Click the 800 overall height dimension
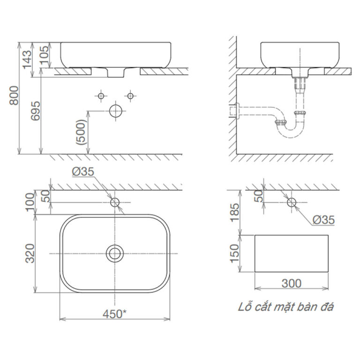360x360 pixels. [x=14, y=96]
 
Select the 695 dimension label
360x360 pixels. [x=36, y=111]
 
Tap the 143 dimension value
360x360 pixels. [x=27, y=60]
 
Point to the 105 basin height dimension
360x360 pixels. [x=44, y=55]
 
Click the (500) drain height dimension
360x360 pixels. [x=81, y=132]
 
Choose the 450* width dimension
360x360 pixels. [x=114, y=314]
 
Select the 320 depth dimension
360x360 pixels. [x=30, y=254]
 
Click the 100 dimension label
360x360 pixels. [x=30, y=202]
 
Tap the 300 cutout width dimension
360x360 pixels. [x=292, y=283]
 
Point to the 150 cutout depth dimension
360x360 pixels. [x=234, y=254]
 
